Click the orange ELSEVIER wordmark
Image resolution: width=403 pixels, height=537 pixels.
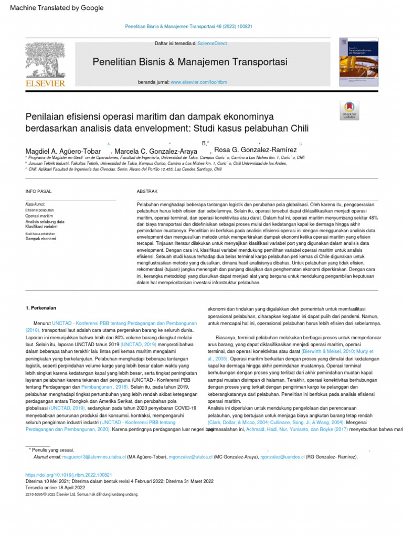tap(46, 83)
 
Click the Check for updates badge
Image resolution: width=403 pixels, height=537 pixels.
tap(349, 111)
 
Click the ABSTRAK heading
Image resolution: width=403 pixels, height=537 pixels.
tap(147, 192)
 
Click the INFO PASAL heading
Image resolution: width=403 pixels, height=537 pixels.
tap(39, 192)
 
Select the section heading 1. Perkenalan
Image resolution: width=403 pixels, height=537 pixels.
tap(41, 308)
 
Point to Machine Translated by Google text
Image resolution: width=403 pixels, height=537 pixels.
tap(57, 8)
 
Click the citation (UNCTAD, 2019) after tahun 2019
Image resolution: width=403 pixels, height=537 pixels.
tap(139, 345)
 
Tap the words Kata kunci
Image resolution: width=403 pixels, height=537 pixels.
tap(35, 204)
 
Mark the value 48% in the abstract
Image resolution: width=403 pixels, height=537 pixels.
tap(373, 217)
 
